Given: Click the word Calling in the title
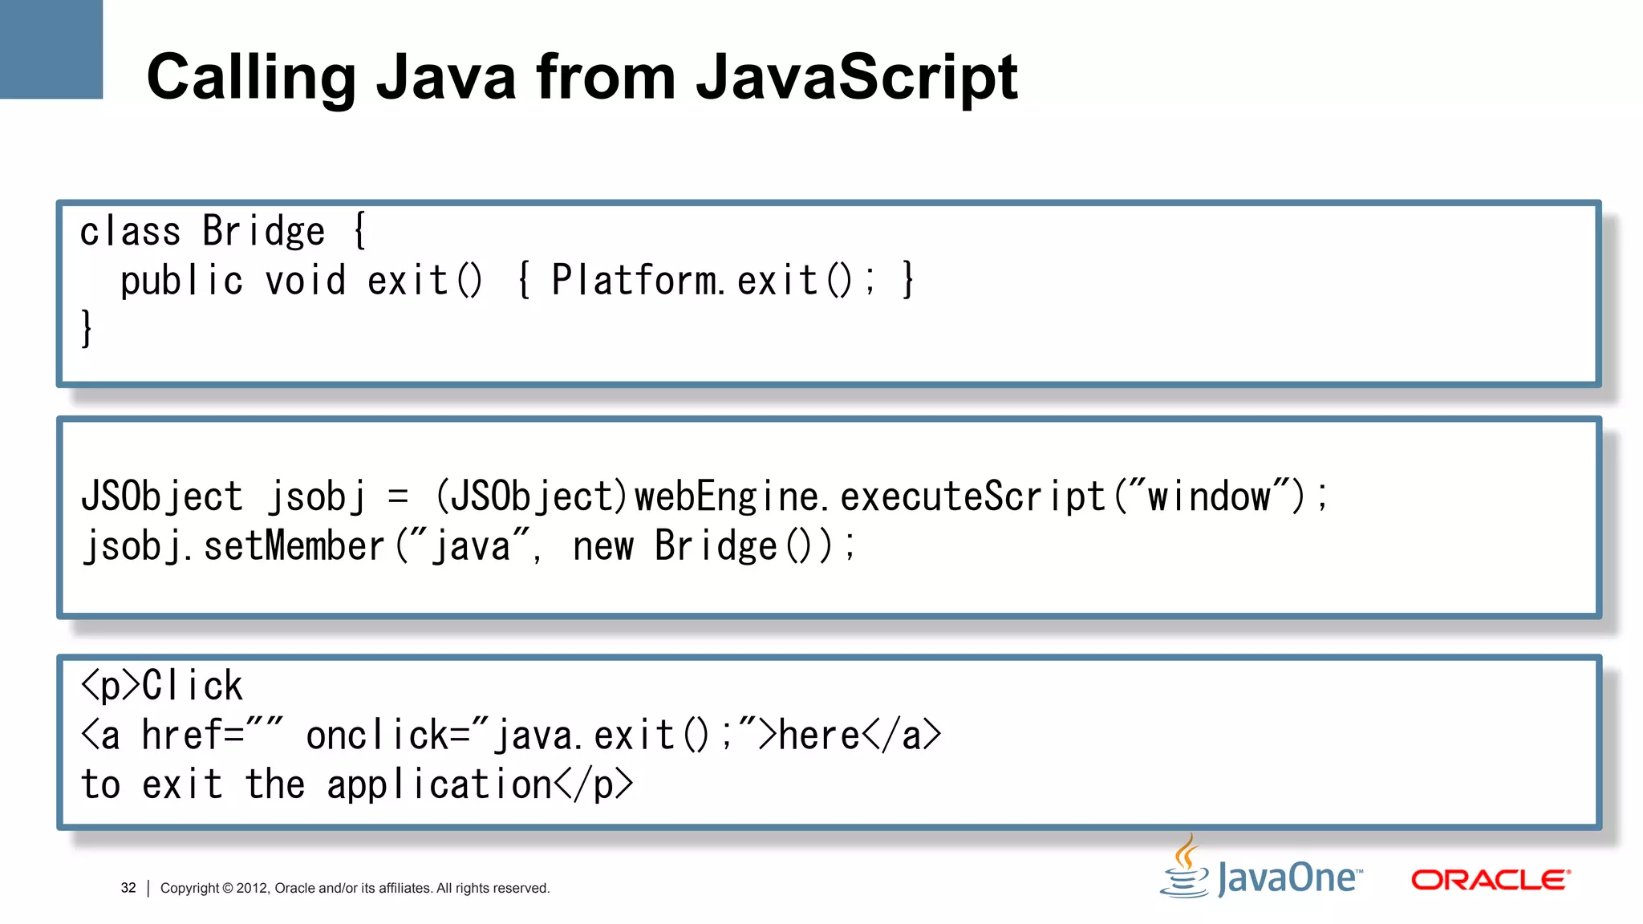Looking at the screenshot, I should point(251,78).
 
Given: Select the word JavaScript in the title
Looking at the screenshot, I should point(857,78).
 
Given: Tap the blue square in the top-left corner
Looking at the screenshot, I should point(51,49).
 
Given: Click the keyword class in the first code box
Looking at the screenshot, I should point(130,232).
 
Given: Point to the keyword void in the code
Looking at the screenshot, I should point(306,281).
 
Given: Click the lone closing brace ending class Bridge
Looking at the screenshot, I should point(87,329).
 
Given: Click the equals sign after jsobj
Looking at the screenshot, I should point(398,496).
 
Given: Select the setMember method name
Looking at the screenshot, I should point(294,547).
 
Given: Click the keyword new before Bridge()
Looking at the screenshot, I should point(603,547).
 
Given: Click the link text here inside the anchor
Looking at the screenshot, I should point(819,736).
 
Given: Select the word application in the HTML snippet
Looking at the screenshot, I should point(439,784).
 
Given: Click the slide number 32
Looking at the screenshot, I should point(128,888).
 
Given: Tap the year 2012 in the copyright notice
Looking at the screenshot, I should point(251,888).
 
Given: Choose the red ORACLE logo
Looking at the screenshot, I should point(1491,880).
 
